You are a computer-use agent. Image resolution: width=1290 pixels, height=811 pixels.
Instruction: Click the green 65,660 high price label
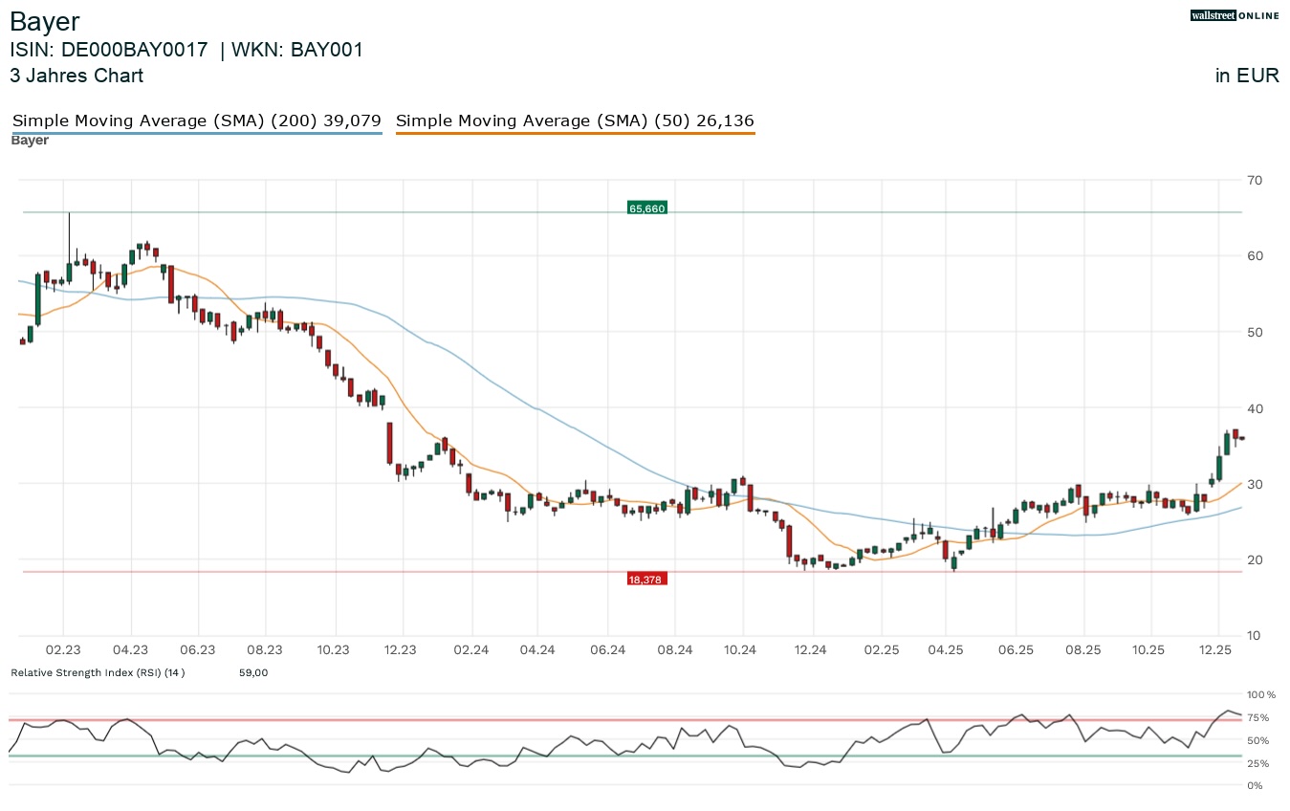click(x=646, y=208)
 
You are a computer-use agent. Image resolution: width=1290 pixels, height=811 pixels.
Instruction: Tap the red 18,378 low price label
click(x=646, y=580)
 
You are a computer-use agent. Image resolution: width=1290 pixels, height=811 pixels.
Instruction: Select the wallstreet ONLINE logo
click(x=1234, y=14)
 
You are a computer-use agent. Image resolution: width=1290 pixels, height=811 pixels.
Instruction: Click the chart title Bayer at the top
click(x=45, y=21)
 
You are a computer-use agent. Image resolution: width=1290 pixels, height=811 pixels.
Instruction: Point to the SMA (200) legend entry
click(x=196, y=121)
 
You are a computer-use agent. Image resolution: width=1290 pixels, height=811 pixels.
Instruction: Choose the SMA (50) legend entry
click(x=575, y=121)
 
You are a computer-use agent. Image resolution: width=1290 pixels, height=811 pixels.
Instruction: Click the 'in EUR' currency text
click(x=1247, y=77)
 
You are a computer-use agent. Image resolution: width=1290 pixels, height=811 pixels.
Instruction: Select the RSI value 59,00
click(x=253, y=673)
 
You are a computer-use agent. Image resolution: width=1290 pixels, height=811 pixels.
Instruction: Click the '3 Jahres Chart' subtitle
click(x=77, y=77)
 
